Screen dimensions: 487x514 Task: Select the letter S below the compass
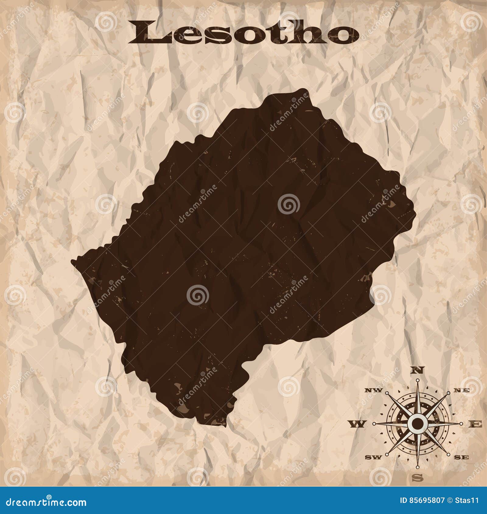[419, 478]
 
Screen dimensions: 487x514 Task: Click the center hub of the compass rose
[418, 423]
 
